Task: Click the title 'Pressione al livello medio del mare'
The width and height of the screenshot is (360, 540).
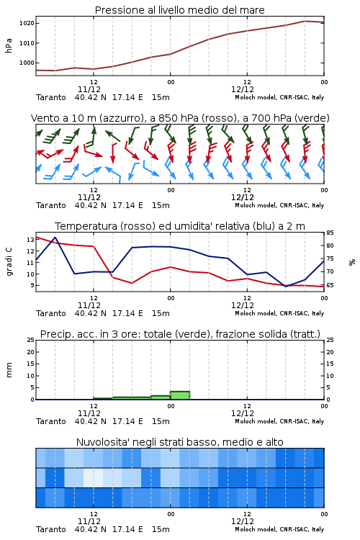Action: pyautogui.click(x=179, y=10)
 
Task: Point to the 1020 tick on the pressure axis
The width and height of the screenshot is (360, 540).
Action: pyautogui.click(x=27, y=24)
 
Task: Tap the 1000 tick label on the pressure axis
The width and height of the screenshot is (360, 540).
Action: pyautogui.click(x=27, y=63)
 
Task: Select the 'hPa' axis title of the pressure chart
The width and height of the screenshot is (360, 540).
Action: pyautogui.click(x=9, y=45)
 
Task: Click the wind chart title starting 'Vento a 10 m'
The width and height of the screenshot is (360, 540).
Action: pyautogui.click(x=180, y=118)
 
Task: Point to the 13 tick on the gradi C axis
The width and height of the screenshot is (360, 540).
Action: pyautogui.click(x=30, y=240)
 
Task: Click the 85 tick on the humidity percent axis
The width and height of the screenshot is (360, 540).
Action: pyautogui.click(x=330, y=233)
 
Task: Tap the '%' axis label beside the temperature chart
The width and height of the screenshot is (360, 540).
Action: pyautogui.click(x=352, y=262)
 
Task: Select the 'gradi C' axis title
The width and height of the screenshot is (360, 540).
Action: pyautogui.click(x=9, y=262)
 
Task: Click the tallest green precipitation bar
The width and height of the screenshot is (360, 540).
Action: pyautogui.click(x=180, y=395)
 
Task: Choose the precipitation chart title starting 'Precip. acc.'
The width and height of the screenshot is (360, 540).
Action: pyautogui.click(x=180, y=334)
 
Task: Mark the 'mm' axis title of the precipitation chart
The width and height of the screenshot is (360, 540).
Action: pyautogui.click(x=9, y=370)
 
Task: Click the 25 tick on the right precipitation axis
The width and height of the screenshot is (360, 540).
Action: pyautogui.click(x=330, y=340)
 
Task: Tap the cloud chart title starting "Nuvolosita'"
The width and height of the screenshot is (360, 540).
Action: pyautogui.click(x=179, y=442)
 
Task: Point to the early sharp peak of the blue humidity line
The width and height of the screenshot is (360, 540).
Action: pyautogui.click(x=55, y=238)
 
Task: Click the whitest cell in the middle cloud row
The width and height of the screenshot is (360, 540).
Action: pyautogui.click(x=93, y=477)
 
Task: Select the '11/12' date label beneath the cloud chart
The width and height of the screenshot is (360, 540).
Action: pyautogui.click(x=89, y=521)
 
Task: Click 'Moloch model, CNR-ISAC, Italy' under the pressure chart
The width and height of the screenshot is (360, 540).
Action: pyautogui.click(x=279, y=97)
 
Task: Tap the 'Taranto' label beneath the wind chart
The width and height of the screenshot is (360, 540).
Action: pyautogui.click(x=51, y=205)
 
